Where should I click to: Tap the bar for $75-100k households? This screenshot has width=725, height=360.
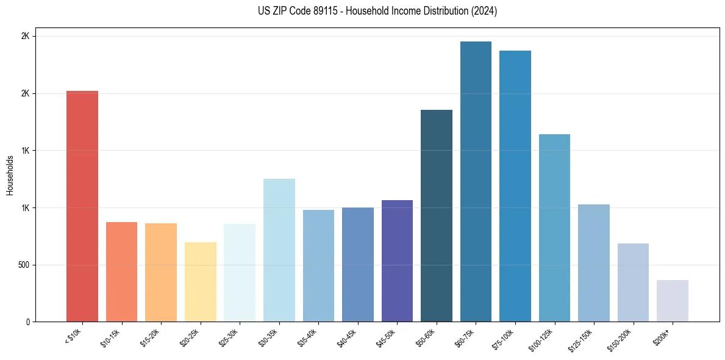(515, 186)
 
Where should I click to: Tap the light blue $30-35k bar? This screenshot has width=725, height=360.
(279, 250)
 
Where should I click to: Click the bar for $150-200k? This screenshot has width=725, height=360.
(633, 283)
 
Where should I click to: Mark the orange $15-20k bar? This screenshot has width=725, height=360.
(161, 272)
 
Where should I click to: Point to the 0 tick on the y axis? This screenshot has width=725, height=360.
(28, 322)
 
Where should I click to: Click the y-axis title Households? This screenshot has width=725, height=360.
(10, 175)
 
